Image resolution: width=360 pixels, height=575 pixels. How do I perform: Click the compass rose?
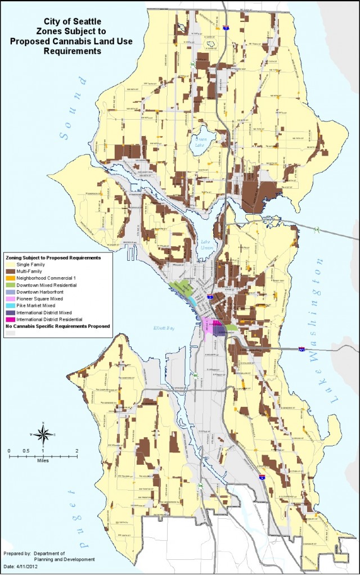pyautogui.click(x=42, y=433)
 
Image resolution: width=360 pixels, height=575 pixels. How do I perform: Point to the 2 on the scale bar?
pyautogui.click(x=76, y=451)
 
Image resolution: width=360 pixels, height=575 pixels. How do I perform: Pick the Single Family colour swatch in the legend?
pyautogui.click(x=10, y=264)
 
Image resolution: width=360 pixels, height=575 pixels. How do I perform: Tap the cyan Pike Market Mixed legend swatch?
pyautogui.click(x=10, y=305)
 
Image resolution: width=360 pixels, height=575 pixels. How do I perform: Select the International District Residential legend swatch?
pyautogui.click(x=10, y=319)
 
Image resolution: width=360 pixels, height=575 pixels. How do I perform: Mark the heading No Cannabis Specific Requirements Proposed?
pyautogui.click(x=57, y=325)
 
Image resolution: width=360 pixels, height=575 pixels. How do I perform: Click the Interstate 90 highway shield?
pyautogui.click(x=302, y=349)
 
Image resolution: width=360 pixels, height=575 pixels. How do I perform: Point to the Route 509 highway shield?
pyautogui.click(x=200, y=485)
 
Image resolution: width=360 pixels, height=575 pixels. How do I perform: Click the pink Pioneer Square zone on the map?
pyautogui.click(x=209, y=326)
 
